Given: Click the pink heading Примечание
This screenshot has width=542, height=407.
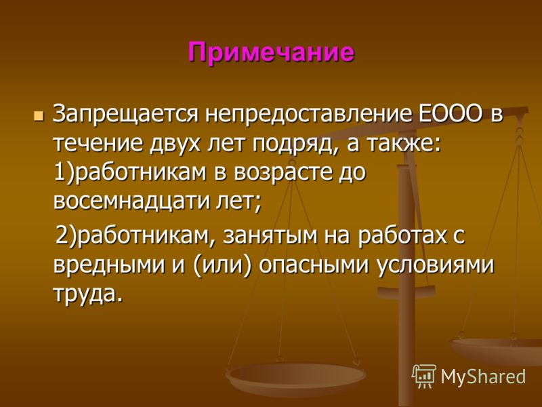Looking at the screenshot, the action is point(272,53).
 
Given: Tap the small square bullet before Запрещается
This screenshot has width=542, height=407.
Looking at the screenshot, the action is point(39,116).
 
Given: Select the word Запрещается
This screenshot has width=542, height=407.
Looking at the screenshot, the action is point(125,115).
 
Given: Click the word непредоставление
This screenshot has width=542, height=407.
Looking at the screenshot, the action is point(308,115).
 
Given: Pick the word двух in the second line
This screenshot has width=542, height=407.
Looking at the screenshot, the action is point(175,144).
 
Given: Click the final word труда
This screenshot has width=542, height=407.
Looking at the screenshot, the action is point(88,295).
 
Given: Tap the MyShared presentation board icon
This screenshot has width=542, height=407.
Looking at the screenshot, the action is point(424,376).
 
